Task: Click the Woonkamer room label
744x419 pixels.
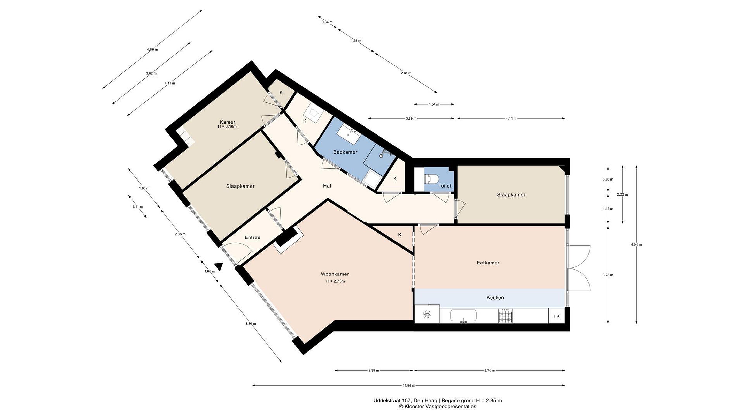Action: tap(335, 274)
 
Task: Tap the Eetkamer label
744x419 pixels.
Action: tap(488, 263)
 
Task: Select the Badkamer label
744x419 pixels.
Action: tap(345, 152)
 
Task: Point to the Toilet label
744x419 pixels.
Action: tap(445, 186)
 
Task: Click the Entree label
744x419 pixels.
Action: tap(252, 237)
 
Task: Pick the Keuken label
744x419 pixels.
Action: tap(495, 297)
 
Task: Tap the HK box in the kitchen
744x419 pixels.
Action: tap(556, 316)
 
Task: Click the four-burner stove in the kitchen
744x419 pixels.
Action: tap(506, 316)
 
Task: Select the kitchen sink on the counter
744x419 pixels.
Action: tap(463, 316)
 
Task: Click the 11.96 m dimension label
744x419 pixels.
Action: tap(409, 385)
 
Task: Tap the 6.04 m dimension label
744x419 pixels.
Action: tap(636, 245)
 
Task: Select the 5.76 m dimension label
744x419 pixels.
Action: tap(490, 370)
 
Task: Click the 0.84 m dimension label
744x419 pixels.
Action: tap(327, 22)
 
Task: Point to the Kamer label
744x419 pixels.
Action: tap(227, 122)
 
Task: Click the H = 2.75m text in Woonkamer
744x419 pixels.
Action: tap(335, 281)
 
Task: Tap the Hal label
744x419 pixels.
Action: tap(327, 186)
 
